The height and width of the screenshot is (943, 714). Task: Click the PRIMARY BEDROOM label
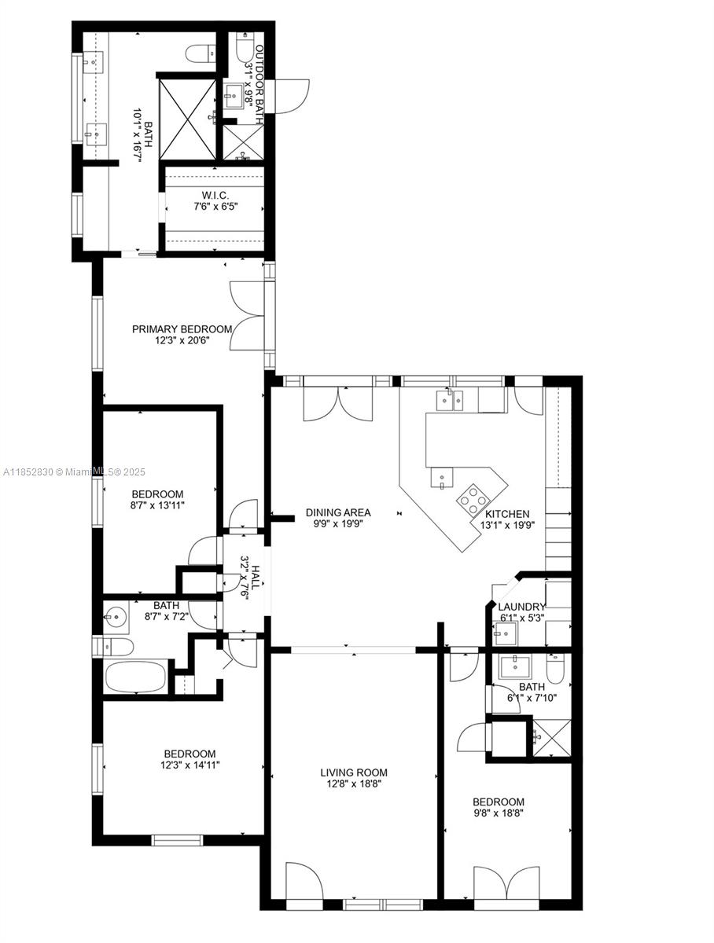click(182, 329)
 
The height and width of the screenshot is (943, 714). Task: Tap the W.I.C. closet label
click(212, 195)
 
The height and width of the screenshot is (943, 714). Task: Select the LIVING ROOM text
click(354, 772)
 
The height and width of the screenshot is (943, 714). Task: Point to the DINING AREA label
click(338, 512)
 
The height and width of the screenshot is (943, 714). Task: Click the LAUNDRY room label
click(521, 607)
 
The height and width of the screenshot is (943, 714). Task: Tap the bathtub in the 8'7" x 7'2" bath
click(137, 677)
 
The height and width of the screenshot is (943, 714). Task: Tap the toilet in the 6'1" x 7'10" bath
click(555, 669)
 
